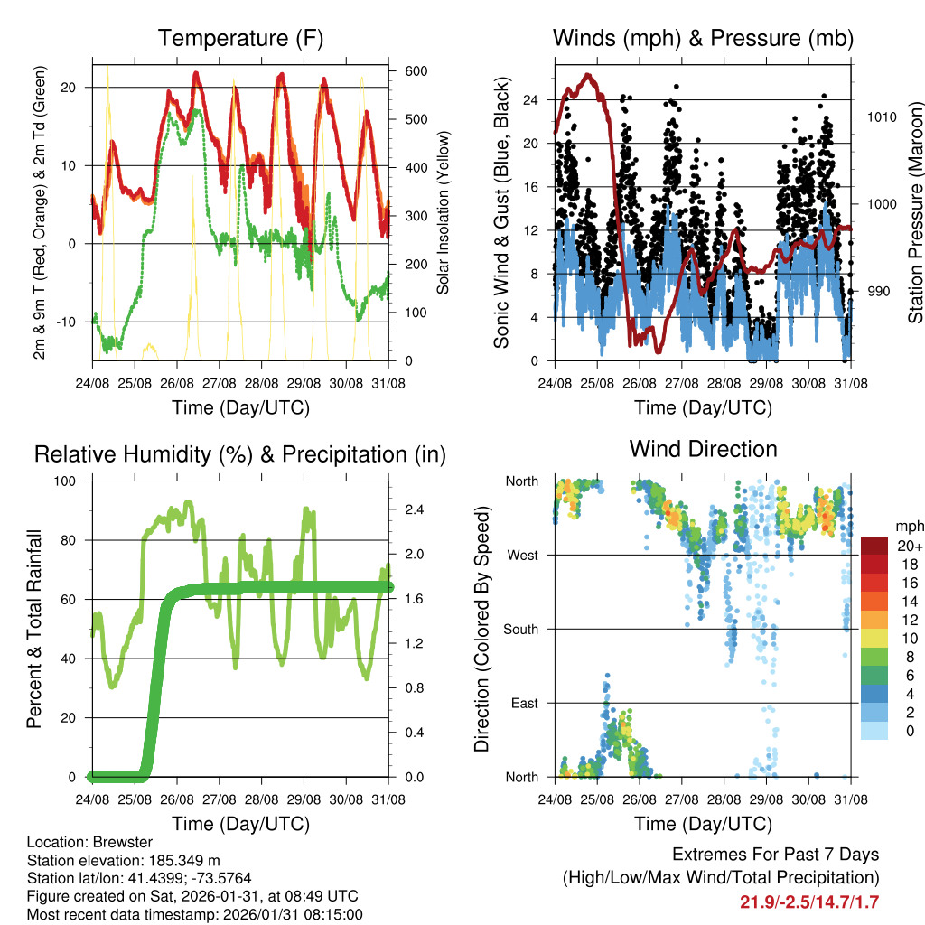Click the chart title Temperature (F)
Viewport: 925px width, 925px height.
point(240,39)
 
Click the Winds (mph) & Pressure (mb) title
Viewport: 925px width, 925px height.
point(703,39)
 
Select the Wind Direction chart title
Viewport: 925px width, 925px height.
point(703,449)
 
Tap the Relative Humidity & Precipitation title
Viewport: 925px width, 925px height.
point(240,454)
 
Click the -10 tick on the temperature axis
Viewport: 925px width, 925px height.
point(73,322)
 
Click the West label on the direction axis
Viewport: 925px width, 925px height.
point(523,555)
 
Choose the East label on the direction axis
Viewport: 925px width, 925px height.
point(524,703)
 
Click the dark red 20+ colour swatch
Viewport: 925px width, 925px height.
point(874,546)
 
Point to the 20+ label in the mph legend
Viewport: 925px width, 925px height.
point(908,547)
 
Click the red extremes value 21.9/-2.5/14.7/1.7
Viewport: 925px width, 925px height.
point(809,902)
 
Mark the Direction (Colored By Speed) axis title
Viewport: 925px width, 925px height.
point(481,628)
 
